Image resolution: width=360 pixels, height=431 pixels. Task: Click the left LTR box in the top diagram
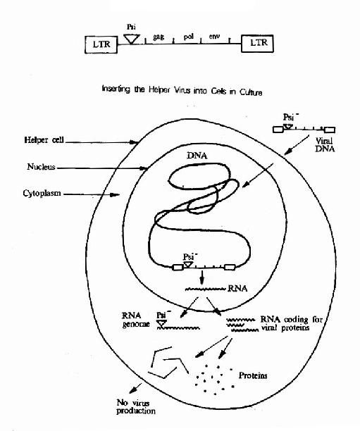pyautogui.click(x=101, y=44)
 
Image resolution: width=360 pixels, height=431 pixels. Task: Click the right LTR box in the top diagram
pyautogui.click(x=257, y=44)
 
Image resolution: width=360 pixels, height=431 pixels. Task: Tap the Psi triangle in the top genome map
pyautogui.click(x=132, y=39)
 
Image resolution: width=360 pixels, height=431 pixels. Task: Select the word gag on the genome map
pyautogui.click(x=159, y=37)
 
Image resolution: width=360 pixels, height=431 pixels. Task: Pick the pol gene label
pyautogui.click(x=189, y=37)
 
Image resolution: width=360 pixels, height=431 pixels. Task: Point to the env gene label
pyautogui.click(x=214, y=37)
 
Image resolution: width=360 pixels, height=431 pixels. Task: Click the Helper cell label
pyautogui.click(x=44, y=140)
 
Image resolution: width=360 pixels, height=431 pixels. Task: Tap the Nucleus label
pyautogui.click(x=42, y=167)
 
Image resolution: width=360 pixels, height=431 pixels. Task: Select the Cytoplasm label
pyautogui.click(x=42, y=193)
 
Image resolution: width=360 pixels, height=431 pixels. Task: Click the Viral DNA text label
pyautogui.click(x=325, y=145)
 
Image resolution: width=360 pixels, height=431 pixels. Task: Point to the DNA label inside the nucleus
pyautogui.click(x=197, y=156)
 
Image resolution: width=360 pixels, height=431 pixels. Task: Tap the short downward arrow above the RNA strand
pyautogui.click(x=202, y=277)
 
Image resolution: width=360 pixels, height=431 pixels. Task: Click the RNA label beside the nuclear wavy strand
pyautogui.click(x=237, y=288)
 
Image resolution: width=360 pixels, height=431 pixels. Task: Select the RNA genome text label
pyautogui.click(x=135, y=320)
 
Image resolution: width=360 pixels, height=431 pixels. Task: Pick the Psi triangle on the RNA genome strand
pyautogui.click(x=161, y=323)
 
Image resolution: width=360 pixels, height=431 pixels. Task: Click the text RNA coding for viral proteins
pyautogui.click(x=291, y=323)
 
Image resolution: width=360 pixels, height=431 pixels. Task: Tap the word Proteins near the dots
pyautogui.click(x=253, y=375)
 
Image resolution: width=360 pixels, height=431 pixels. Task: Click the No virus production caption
pyautogui.click(x=136, y=407)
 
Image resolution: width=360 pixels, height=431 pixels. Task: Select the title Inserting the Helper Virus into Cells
pyautogui.click(x=182, y=90)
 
